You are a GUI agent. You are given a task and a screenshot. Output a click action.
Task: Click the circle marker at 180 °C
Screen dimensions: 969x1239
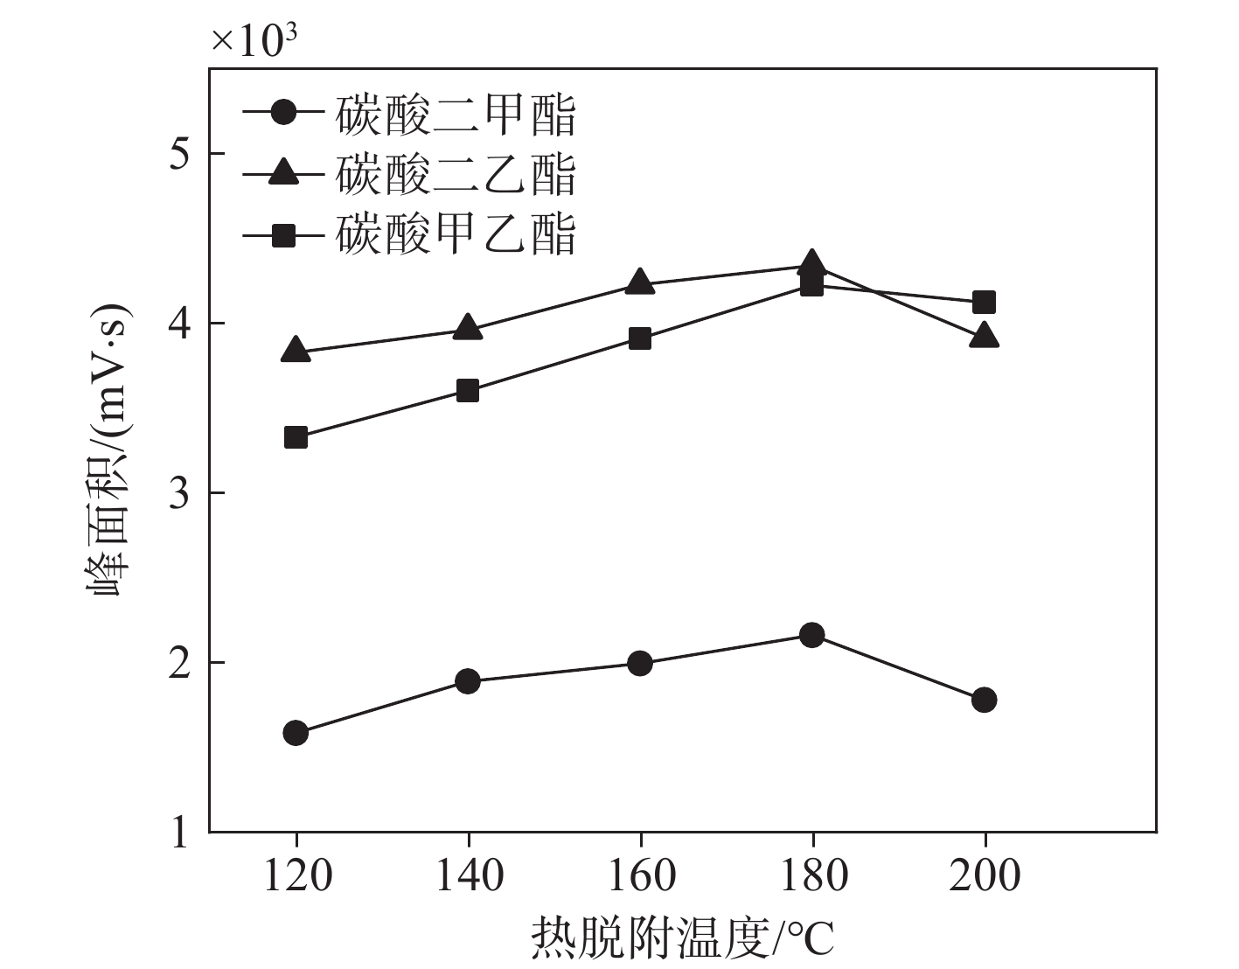[812, 635]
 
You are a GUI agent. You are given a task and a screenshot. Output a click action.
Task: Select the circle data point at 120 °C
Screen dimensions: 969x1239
[296, 733]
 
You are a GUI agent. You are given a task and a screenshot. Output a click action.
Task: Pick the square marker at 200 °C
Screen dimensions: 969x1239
[985, 303]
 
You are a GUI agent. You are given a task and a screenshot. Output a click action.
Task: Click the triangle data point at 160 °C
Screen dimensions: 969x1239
[640, 282]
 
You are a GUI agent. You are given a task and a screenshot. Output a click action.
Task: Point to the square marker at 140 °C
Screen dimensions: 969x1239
[468, 391]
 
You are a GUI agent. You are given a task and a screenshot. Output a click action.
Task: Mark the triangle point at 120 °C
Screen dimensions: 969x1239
[296, 350]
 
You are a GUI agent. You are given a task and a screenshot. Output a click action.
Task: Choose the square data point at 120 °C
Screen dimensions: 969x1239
[296, 437]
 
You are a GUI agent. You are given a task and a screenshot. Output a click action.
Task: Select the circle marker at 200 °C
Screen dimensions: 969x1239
[985, 700]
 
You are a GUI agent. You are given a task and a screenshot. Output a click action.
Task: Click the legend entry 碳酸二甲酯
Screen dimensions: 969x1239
[456, 115]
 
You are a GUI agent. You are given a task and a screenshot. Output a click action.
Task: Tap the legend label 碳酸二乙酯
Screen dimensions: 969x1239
[456, 174]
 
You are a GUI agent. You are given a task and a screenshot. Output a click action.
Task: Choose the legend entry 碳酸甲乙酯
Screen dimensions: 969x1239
[456, 234]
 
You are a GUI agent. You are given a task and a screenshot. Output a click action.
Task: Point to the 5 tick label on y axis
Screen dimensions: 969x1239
[178, 155]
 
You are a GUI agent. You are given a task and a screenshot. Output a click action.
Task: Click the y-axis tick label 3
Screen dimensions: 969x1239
[178, 494]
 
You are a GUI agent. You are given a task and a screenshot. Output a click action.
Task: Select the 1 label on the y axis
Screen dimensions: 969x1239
[178, 832]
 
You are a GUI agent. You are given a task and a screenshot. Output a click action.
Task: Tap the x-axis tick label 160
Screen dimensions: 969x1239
[640, 875]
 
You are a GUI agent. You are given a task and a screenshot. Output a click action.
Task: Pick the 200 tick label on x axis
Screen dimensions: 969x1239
[985, 875]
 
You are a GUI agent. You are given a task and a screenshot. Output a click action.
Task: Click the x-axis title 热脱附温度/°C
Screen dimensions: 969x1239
[682, 940]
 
